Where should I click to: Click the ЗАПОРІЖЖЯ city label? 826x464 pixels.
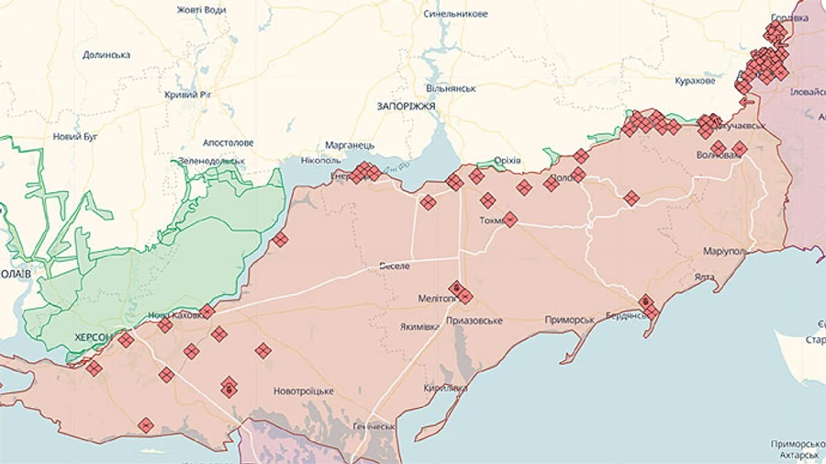click(x=405, y=107)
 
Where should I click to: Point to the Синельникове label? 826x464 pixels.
click(x=455, y=15)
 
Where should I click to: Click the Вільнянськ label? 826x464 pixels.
click(x=451, y=88)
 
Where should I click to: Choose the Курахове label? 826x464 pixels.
click(x=694, y=81)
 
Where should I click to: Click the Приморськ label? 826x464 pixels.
click(x=569, y=320)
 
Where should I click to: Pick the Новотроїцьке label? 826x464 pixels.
click(x=304, y=391)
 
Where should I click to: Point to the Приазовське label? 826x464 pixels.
click(x=474, y=321)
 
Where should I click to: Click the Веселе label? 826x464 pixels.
click(x=395, y=266)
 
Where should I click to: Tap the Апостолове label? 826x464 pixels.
click(x=229, y=143)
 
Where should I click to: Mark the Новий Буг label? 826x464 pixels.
click(x=74, y=137)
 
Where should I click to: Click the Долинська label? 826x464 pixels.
click(x=106, y=55)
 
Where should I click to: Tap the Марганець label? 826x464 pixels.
click(x=350, y=146)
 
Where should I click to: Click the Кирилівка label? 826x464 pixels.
click(x=446, y=389)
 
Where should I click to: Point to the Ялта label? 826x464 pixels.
click(x=705, y=277)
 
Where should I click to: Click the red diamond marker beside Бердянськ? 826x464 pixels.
click(x=646, y=301)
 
